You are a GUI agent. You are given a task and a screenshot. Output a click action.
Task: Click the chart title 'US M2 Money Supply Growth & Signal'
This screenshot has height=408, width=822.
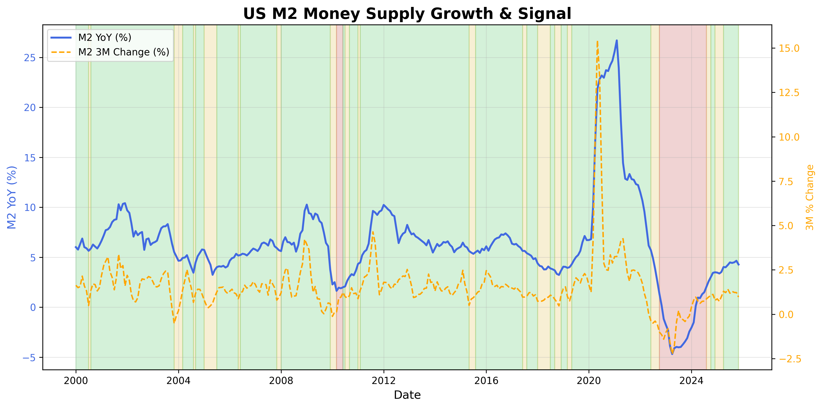tap(407, 14)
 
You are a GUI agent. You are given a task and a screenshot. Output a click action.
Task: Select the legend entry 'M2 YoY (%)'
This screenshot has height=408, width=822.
tap(105, 38)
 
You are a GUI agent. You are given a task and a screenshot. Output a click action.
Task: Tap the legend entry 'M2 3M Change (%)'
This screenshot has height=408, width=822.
tap(123, 52)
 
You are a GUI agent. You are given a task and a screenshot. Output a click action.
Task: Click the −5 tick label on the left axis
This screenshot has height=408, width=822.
tap(29, 357)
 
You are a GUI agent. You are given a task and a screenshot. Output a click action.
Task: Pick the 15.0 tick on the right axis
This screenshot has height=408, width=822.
tap(789, 48)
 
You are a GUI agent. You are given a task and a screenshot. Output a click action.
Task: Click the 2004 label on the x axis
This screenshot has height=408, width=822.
tap(178, 381)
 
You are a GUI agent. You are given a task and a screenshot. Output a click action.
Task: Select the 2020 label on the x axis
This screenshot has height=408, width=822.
tap(589, 381)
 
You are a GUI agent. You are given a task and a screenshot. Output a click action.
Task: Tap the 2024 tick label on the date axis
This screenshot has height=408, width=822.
tap(691, 381)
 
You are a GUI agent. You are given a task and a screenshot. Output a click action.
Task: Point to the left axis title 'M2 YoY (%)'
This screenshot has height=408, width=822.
tap(12, 197)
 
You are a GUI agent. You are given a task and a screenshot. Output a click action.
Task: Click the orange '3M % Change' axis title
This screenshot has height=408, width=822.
tap(810, 197)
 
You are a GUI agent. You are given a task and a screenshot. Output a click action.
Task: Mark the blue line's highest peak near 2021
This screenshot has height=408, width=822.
tap(616, 41)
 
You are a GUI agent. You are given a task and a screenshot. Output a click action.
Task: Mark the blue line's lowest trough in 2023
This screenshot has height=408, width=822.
tap(672, 354)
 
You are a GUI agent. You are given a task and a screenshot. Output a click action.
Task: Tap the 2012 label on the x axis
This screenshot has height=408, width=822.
tap(384, 381)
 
